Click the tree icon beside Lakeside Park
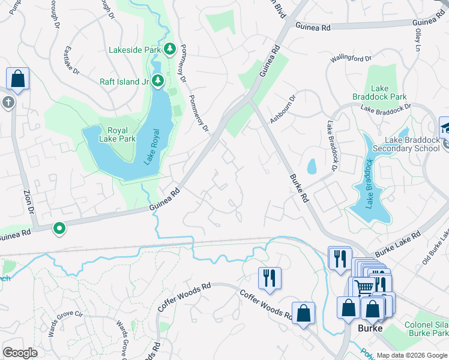pyautogui.click(x=170, y=49)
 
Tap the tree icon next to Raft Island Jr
pyautogui.click(x=158, y=80)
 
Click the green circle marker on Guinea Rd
pyautogui.click(x=59, y=228)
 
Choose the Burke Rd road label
pyautogui.click(x=299, y=188)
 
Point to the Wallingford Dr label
pyautogui.click(x=352, y=59)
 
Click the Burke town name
pyautogui.click(x=370, y=329)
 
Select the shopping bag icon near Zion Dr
pyautogui.click(x=17, y=79)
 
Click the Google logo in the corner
pyautogui.click(x=20, y=353)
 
